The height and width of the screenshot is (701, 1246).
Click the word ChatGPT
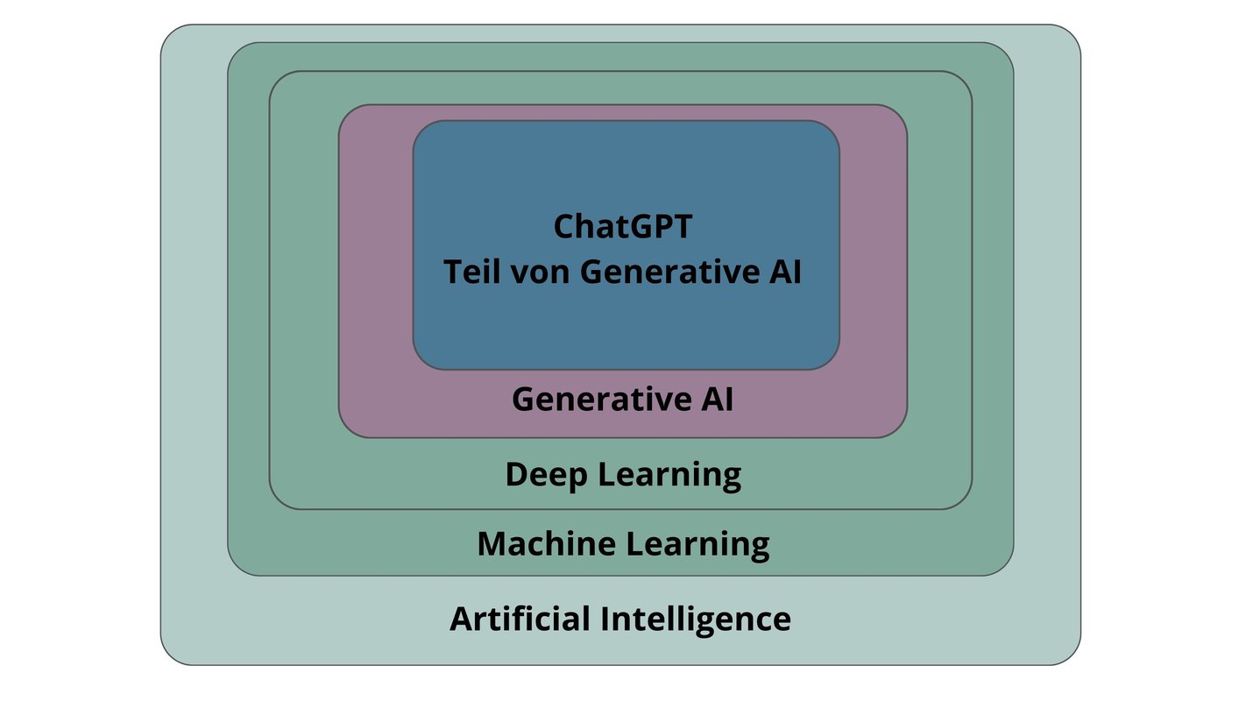[623, 227]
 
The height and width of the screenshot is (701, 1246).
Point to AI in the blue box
[787, 272]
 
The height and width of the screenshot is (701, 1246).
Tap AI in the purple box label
[716, 400]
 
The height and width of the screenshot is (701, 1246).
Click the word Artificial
[520, 619]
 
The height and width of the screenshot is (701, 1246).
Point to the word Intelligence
[695, 619]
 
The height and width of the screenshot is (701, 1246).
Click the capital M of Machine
[491, 544]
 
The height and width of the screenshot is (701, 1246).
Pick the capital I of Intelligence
[605, 619]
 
